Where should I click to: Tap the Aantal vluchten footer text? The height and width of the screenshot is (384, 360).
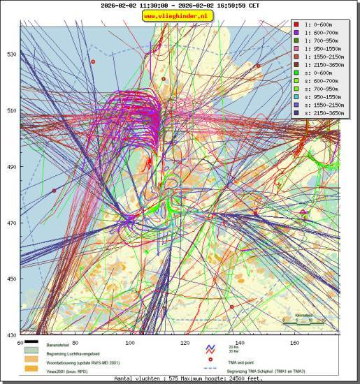(x=179, y=378)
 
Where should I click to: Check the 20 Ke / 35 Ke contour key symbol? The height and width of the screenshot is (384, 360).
(x=210, y=347)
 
